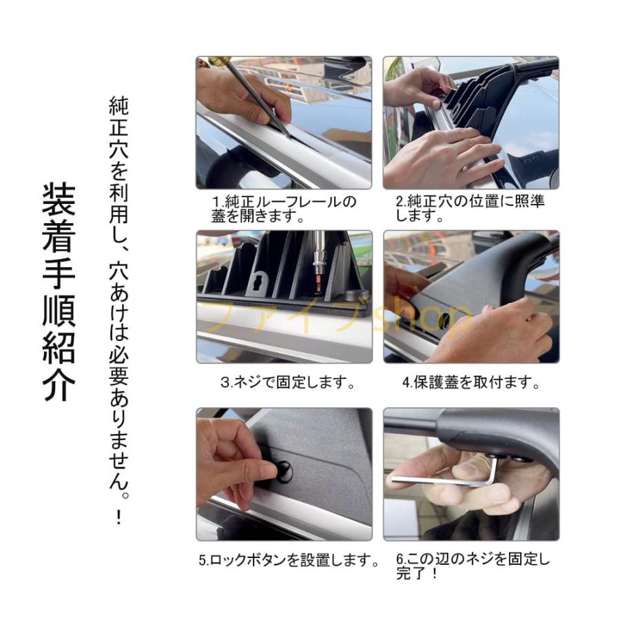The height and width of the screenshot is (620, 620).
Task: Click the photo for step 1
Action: tap(284, 123)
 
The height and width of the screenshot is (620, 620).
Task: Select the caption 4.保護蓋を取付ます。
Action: tap(471, 382)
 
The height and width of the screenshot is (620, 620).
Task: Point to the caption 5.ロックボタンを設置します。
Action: tap(289, 561)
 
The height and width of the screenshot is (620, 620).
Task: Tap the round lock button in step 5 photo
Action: tap(282, 471)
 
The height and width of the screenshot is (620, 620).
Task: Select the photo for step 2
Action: tap(471, 123)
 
